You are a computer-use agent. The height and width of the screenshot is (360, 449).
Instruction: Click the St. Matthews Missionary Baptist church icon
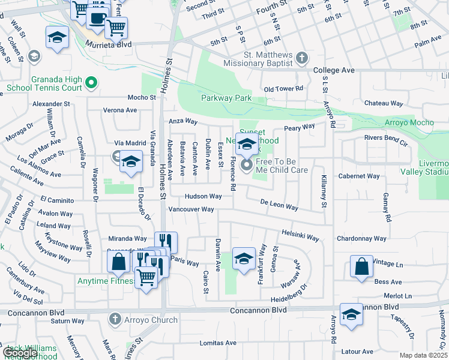tap(301, 58)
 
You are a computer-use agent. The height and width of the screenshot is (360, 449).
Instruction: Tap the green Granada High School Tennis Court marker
tap(91, 82)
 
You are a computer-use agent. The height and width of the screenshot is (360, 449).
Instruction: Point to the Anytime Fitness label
tap(104, 280)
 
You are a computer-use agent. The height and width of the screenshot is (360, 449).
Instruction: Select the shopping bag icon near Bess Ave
tap(362, 268)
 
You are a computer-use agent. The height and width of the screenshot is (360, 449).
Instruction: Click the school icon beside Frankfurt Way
tap(244, 259)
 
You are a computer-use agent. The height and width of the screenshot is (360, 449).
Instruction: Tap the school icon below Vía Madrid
tap(130, 162)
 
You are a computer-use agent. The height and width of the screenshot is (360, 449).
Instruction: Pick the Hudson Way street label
tap(203, 196)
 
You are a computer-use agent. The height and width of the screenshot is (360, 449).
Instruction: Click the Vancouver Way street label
tap(191, 209)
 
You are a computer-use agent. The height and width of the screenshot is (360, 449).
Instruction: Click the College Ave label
tap(334, 70)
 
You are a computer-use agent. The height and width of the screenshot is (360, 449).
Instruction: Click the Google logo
tap(20, 353)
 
